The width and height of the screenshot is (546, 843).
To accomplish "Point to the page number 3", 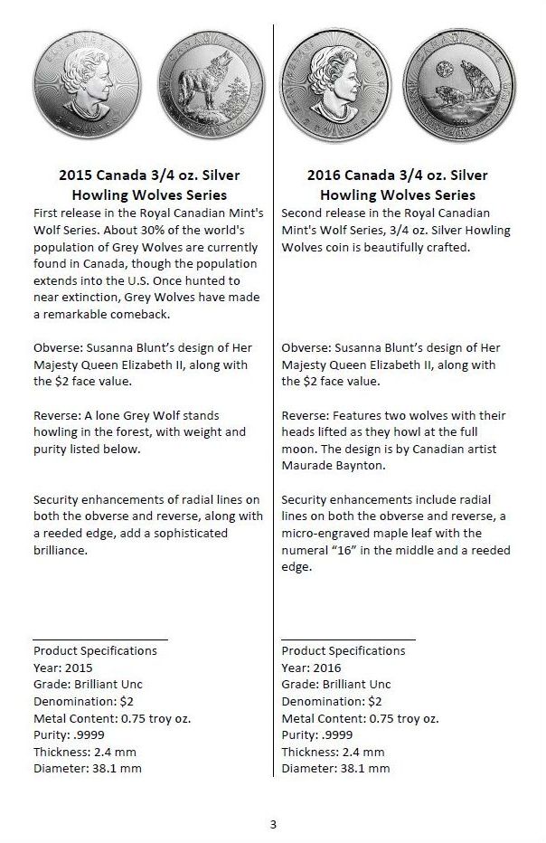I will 273,823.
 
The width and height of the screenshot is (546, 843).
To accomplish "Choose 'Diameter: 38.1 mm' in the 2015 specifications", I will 87,769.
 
